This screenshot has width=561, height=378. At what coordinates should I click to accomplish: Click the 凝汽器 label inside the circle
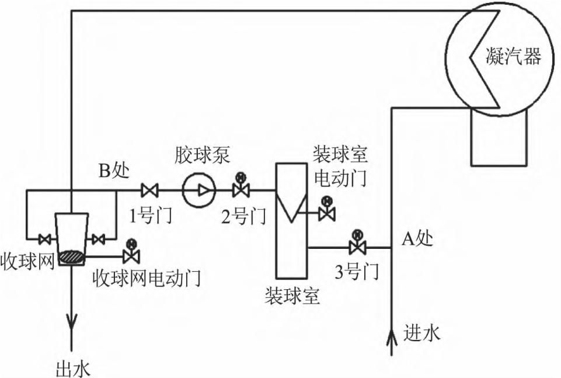514,57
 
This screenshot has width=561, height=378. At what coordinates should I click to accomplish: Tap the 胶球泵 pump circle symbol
198,190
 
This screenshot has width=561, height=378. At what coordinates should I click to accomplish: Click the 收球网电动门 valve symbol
131,255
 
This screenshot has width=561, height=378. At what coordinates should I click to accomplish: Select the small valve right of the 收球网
99,239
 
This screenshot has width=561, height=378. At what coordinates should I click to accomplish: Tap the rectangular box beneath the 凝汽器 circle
499,137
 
